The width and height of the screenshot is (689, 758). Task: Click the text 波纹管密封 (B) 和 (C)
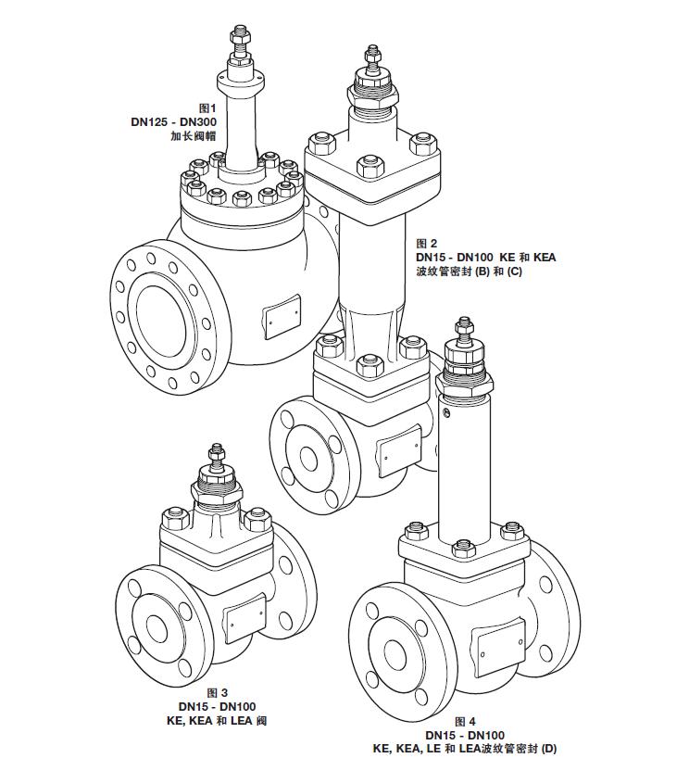click(x=470, y=271)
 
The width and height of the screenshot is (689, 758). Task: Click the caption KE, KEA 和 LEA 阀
click(x=216, y=720)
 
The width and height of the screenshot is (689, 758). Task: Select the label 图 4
click(x=465, y=721)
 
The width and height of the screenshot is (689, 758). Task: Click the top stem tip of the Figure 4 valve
click(x=460, y=323)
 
